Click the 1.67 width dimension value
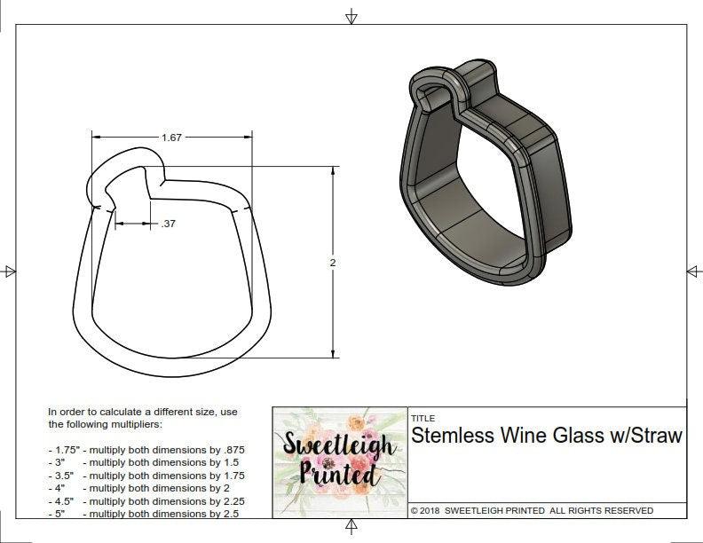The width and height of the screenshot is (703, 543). point(171,138)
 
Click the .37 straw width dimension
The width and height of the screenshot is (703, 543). point(169,224)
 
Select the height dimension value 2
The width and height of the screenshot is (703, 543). point(331,263)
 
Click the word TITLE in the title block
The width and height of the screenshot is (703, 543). point(423,419)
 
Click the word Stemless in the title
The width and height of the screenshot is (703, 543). point(450,436)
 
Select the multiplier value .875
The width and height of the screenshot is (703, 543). point(231,450)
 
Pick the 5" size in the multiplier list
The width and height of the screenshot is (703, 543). point(58,513)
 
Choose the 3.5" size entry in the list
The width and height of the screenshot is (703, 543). point(61,476)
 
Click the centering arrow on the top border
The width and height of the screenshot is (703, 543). point(352,16)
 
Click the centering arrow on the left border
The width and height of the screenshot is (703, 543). point(10,271)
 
